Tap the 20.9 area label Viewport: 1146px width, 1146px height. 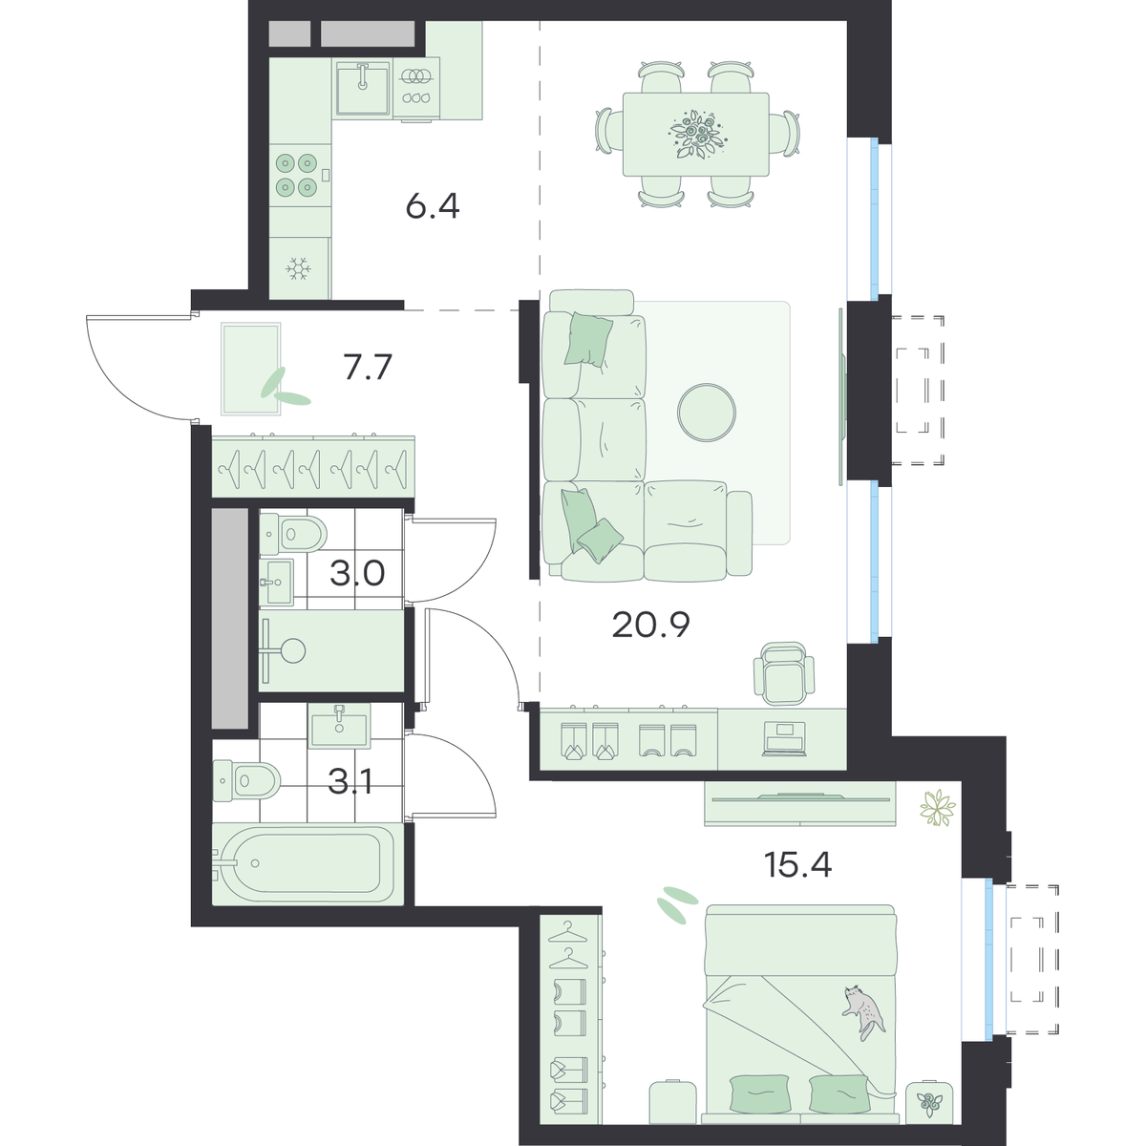click(650, 625)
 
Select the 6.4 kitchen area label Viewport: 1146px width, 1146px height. click(433, 207)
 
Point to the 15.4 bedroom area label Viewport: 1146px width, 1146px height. click(797, 864)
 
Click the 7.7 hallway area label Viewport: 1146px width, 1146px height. click(368, 367)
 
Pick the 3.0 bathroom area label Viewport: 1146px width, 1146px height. click(357, 574)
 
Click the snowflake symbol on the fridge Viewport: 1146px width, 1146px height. click(299, 268)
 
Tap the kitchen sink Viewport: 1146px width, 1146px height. click(363, 88)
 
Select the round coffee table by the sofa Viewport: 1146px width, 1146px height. click(707, 413)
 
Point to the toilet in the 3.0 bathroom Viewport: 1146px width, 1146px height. click(294, 533)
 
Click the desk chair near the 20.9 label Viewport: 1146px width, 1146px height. click(784, 674)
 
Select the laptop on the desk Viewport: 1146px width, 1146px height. click(785, 739)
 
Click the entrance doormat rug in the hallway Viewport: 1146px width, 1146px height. click(250, 369)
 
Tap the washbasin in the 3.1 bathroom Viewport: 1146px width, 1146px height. click(340, 725)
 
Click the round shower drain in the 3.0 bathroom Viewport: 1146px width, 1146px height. click(292, 650)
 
